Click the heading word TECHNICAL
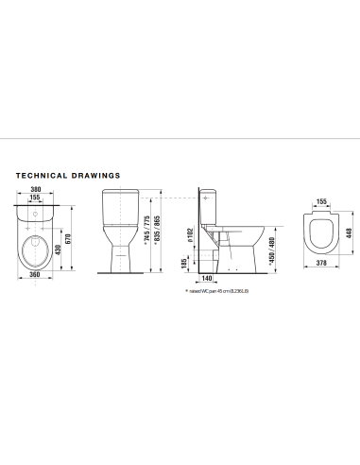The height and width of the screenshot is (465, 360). pyautogui.click(x=45, y=175)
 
